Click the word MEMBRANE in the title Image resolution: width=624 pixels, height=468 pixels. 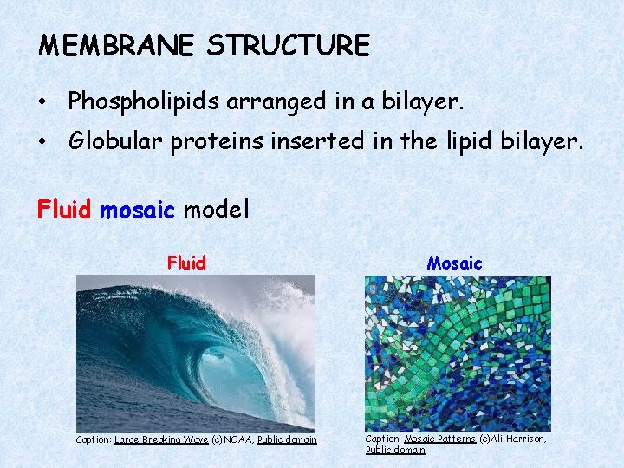(x=117, y=45)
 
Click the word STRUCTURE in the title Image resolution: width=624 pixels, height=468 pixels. (x=288, y=45)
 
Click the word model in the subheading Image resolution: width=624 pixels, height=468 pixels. (x=216, y=210)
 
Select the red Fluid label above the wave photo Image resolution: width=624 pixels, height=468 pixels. (x=186, y=263)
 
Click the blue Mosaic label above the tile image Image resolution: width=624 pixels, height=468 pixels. (x=455, y=263)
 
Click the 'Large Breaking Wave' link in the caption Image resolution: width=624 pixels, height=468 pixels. (x=161, y=440)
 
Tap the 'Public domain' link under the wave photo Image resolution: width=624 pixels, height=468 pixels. (x=287, y=440)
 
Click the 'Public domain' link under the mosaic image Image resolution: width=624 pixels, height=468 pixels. (x=395, y=450)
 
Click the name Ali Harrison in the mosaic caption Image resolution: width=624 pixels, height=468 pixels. (x=520, y=439)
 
